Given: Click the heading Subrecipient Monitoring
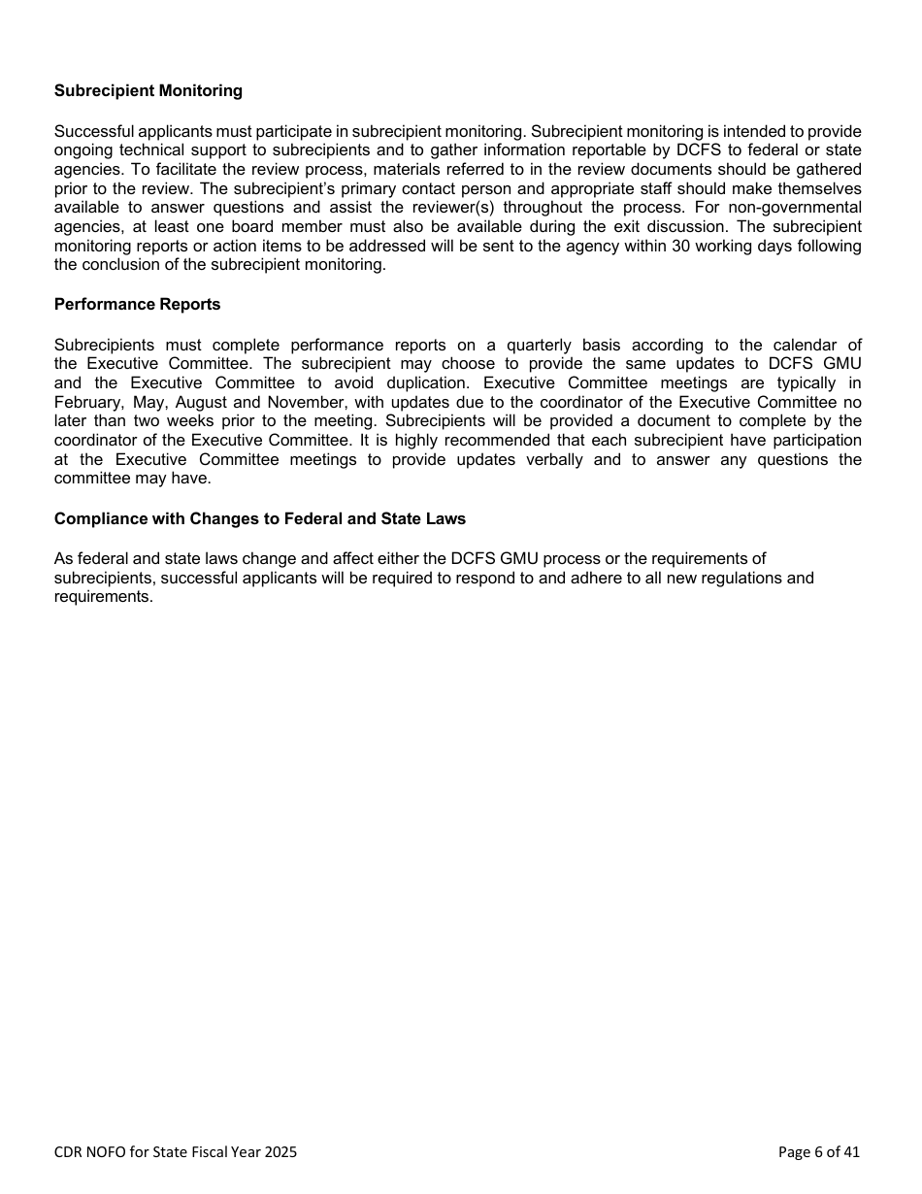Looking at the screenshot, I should point(148,91).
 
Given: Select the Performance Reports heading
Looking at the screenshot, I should point(138,305).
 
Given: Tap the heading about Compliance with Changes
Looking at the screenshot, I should point(260,519).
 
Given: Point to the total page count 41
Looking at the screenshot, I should point(851,1153).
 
